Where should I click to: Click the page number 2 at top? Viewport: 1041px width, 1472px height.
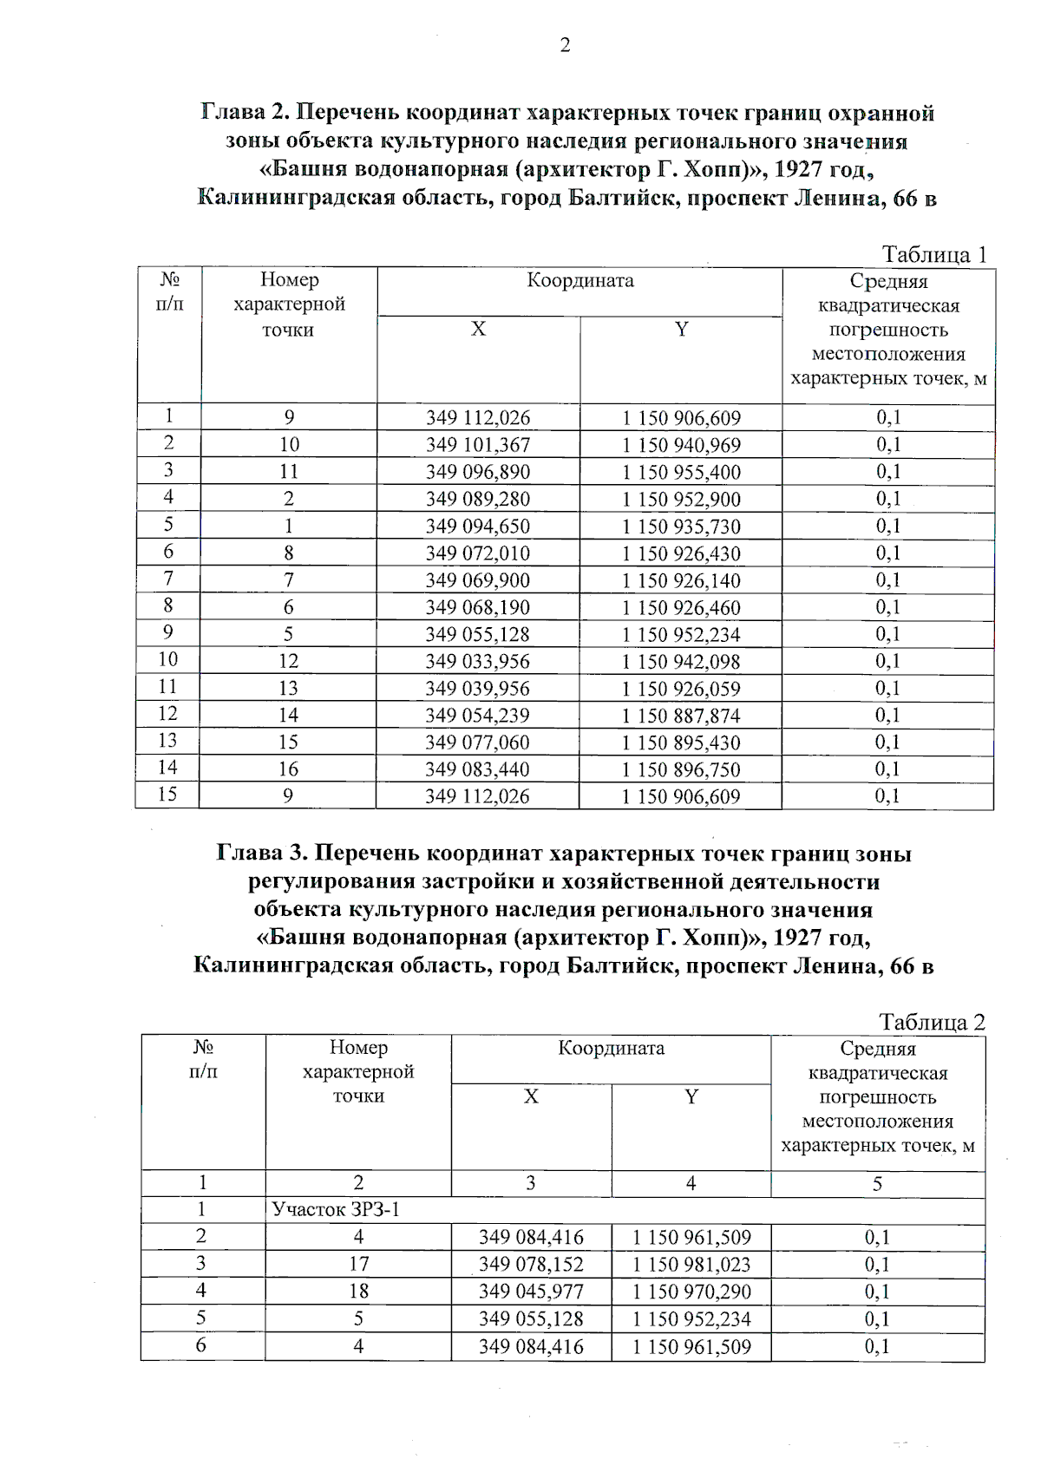coord(565,45)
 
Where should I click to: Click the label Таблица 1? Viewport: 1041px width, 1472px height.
coord(933,254)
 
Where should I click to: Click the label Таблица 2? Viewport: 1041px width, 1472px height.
coord(932,1022)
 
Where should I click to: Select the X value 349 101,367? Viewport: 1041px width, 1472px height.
coord(477,445)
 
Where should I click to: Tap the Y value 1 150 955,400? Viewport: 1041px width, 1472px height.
coord(681,472)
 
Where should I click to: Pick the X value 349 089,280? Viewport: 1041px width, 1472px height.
coord(477,499)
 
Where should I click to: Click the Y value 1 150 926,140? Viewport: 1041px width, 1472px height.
coord(681,580)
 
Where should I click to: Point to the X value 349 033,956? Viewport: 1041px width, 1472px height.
coord(477,661)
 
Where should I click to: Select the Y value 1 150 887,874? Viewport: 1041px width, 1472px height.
coord(681,716)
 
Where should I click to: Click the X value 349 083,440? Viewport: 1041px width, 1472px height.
coord(477,769)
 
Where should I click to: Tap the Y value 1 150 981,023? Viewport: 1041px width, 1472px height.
coord(691,1265)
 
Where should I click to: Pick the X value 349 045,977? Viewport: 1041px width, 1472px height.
coord(531,1292)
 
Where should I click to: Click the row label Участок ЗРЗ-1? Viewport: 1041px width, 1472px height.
coord(336,1210)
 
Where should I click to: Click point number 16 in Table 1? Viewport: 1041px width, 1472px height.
coord(288,769)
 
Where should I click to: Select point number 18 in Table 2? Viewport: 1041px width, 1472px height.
coord(358,1292)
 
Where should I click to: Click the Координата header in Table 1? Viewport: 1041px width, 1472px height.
coord(580,281)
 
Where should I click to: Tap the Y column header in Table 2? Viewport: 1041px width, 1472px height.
coord(691,1097)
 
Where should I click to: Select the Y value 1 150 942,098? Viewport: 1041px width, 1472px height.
coord(681,662)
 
